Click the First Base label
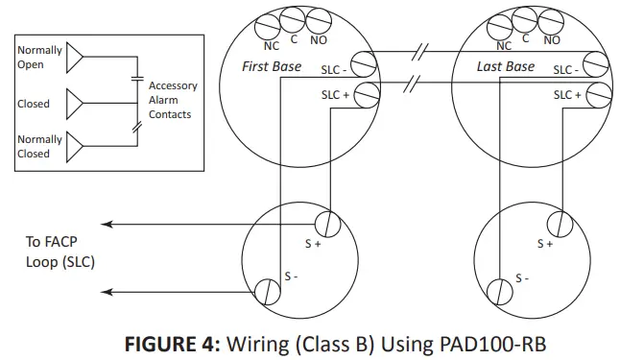pos(272,67)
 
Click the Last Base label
pos(505,67)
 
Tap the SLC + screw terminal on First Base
pos(365,94)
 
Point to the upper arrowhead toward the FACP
pos(107,226)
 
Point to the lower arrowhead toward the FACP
pos(107,292)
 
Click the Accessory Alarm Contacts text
pos(173,100)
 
